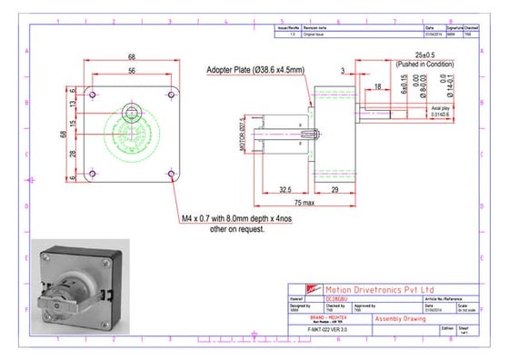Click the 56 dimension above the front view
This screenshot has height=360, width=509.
[x=133, y=70]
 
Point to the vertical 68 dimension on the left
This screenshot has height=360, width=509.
[x=62, y=134]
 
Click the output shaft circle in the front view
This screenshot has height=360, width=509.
[x=133, y=114]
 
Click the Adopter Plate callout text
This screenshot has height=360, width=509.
[x=256, y=70]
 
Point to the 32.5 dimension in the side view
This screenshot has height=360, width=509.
[x=284, y=190]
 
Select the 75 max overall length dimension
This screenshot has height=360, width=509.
[x=304, y=203]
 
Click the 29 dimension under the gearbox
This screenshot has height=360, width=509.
[x=334, y=190]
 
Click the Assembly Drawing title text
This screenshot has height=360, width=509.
[x=399, y=320]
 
